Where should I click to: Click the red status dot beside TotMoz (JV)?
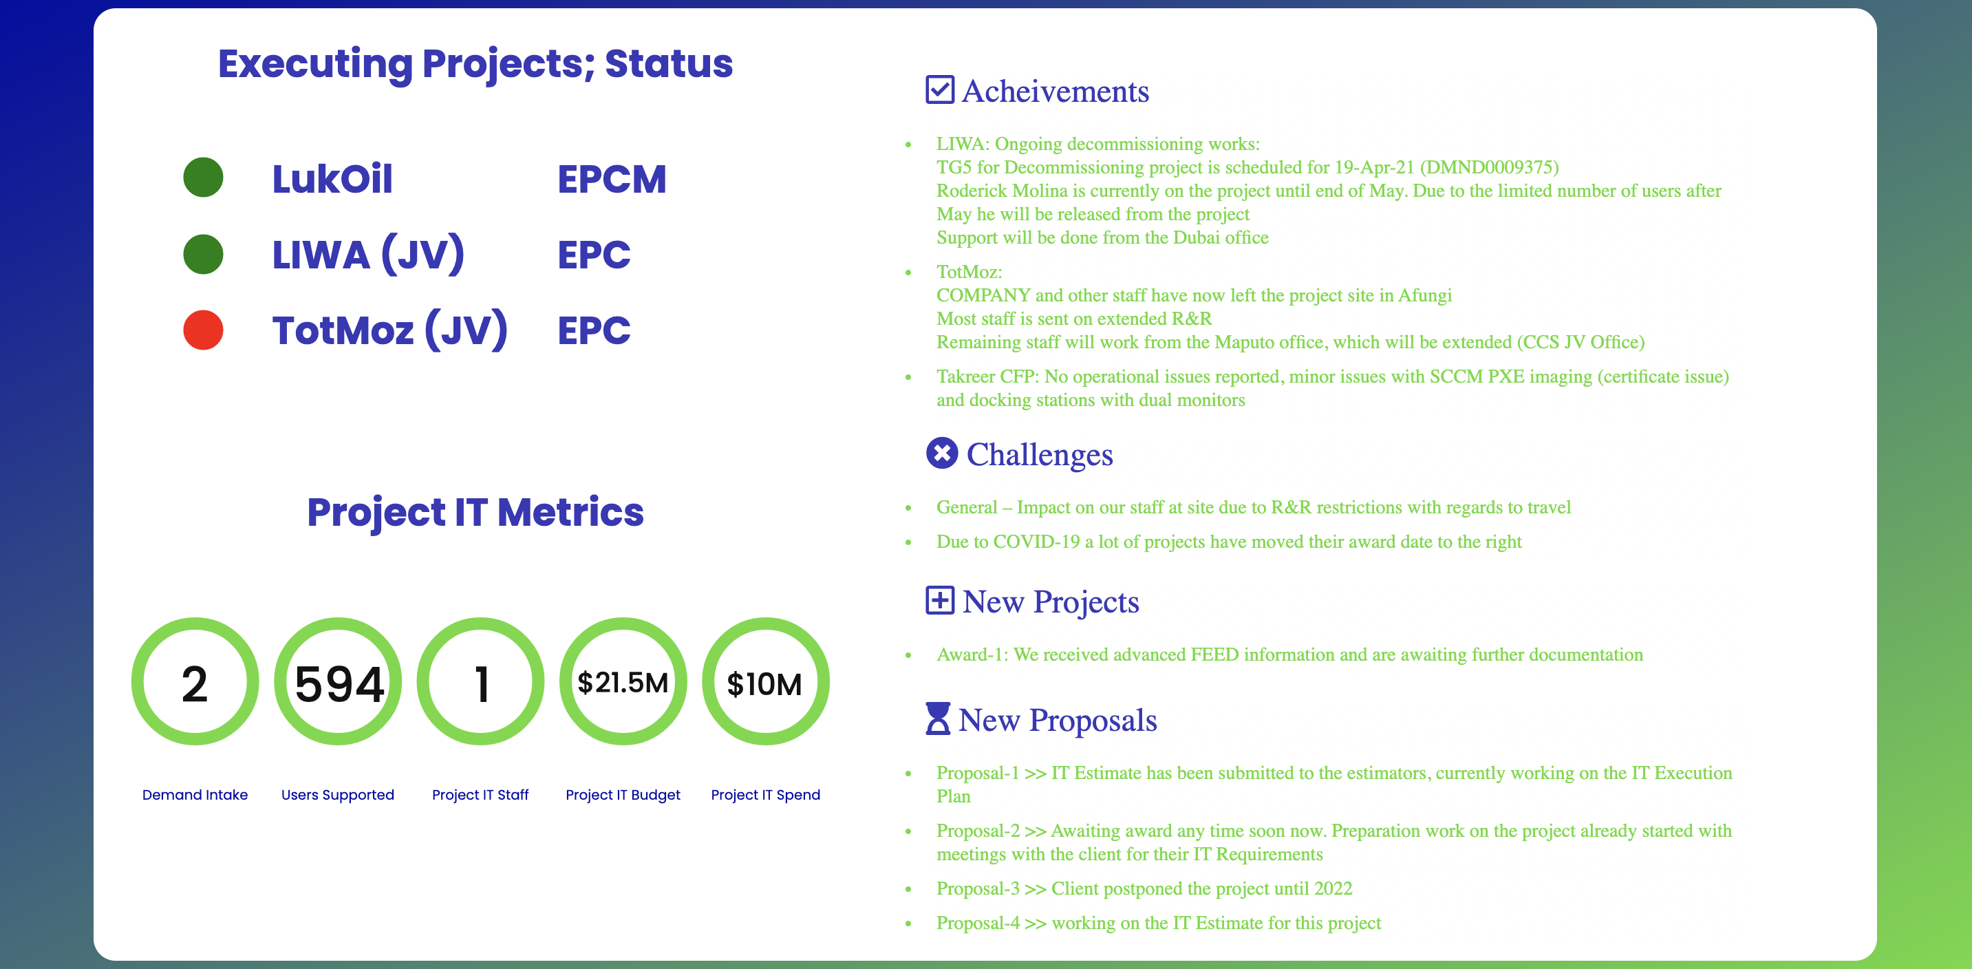click(x=203, y=330)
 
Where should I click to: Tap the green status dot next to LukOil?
click(x=203, y=178)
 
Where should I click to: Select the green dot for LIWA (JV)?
click(x=203, y=254)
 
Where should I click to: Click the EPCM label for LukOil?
click(x=612, y=179)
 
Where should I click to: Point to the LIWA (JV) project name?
click(x=368, y=254)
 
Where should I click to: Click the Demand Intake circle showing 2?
click(x=195, y=681)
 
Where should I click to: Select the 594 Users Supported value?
click(x=339, y=683)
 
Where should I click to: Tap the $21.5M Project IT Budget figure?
click(x=623, y=682)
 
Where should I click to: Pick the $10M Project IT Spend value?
click(x=764, y=683)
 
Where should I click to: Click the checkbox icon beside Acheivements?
click(x=939, y=89)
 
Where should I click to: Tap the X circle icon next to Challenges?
click(x=941, y=453)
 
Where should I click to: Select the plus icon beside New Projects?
click(x=939, y=600)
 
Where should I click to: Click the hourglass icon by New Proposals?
click(x=938, y=718)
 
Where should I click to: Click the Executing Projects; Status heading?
click(x=475, y=63)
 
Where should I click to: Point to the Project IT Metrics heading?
click(x=475, y=512)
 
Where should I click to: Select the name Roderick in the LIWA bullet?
click(x=968, y=191)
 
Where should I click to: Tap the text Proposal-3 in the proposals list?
click(x=978, y=888)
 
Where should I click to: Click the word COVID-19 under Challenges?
click(x=1036, y=542)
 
